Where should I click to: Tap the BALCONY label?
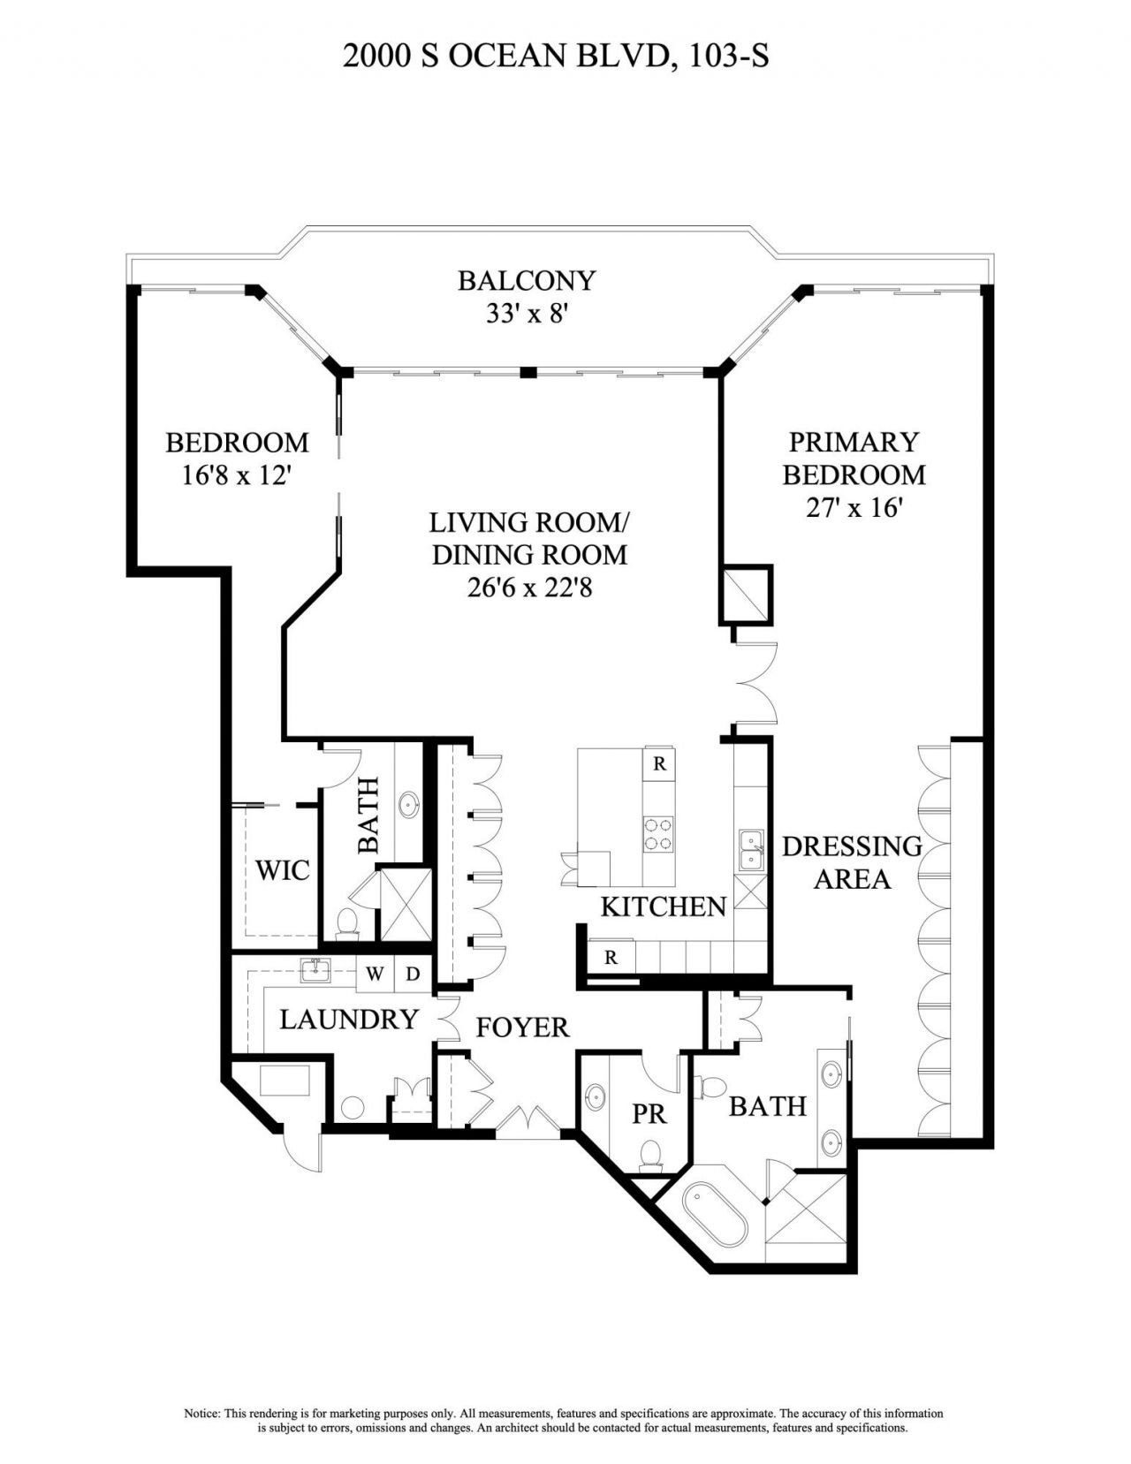pyautogui.click(x=527, y=280)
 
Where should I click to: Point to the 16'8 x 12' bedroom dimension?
pyautogui.click(x=237, y=475)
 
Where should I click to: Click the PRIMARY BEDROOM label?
pyautogui.click(x=854, y=458)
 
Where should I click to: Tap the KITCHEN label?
pyautogui.click(x=663, y=906)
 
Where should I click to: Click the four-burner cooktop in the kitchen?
pyautogui.click(x=657, y=834)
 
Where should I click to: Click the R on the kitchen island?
pyautogui.click(x=659, y=764)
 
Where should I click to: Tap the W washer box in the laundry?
pyautogui.click(x=376, y=974)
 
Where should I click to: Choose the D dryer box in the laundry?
pyautogui.click(x=412, y=974)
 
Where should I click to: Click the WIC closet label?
pyautogui.click(x=283, y=870)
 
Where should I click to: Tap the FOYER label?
pyautogui.click(x=522, y=1027)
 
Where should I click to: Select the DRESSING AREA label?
pyautogui.click(x=852, y=862)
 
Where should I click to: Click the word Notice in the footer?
pyautogui.click(x=201, y=1413)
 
